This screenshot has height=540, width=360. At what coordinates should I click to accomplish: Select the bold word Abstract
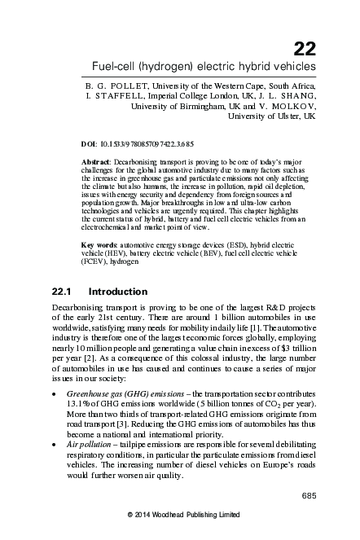pos(99,162)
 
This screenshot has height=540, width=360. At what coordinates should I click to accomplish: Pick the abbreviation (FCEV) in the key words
pos(97,263)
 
